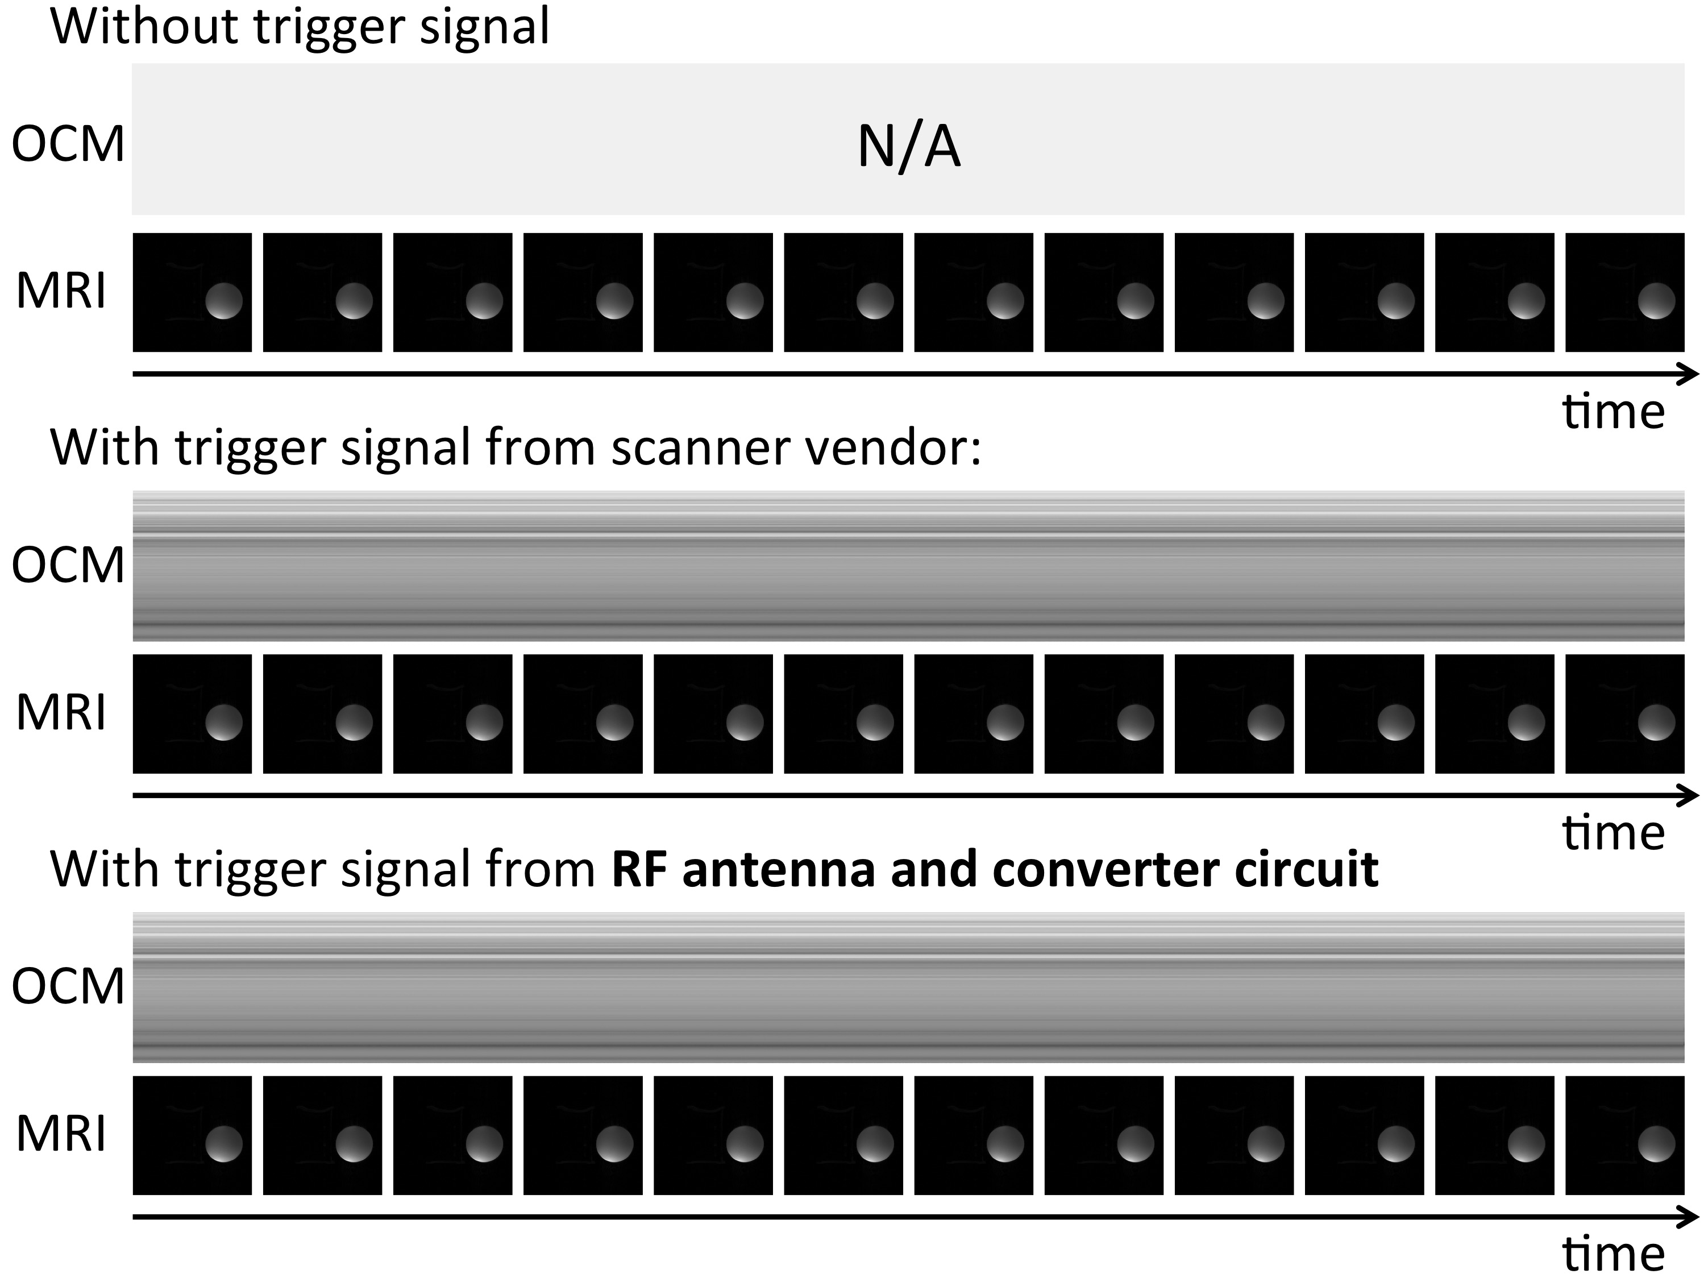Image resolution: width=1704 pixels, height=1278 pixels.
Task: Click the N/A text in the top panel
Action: (x=909, y=147)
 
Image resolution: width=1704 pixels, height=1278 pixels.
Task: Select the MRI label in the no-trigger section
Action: (x=61, y=291)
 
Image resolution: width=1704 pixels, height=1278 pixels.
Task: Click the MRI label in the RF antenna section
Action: (x=61, y=1134)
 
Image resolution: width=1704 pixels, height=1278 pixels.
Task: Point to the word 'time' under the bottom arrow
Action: (x=1613, y=1254)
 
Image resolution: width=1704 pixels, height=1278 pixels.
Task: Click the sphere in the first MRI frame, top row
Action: (x=223, y=300)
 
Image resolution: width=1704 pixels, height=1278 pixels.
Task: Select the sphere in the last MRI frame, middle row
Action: (x=1656, y=722)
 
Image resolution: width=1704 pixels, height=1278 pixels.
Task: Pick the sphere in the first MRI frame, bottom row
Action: (x=223, y=1143)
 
